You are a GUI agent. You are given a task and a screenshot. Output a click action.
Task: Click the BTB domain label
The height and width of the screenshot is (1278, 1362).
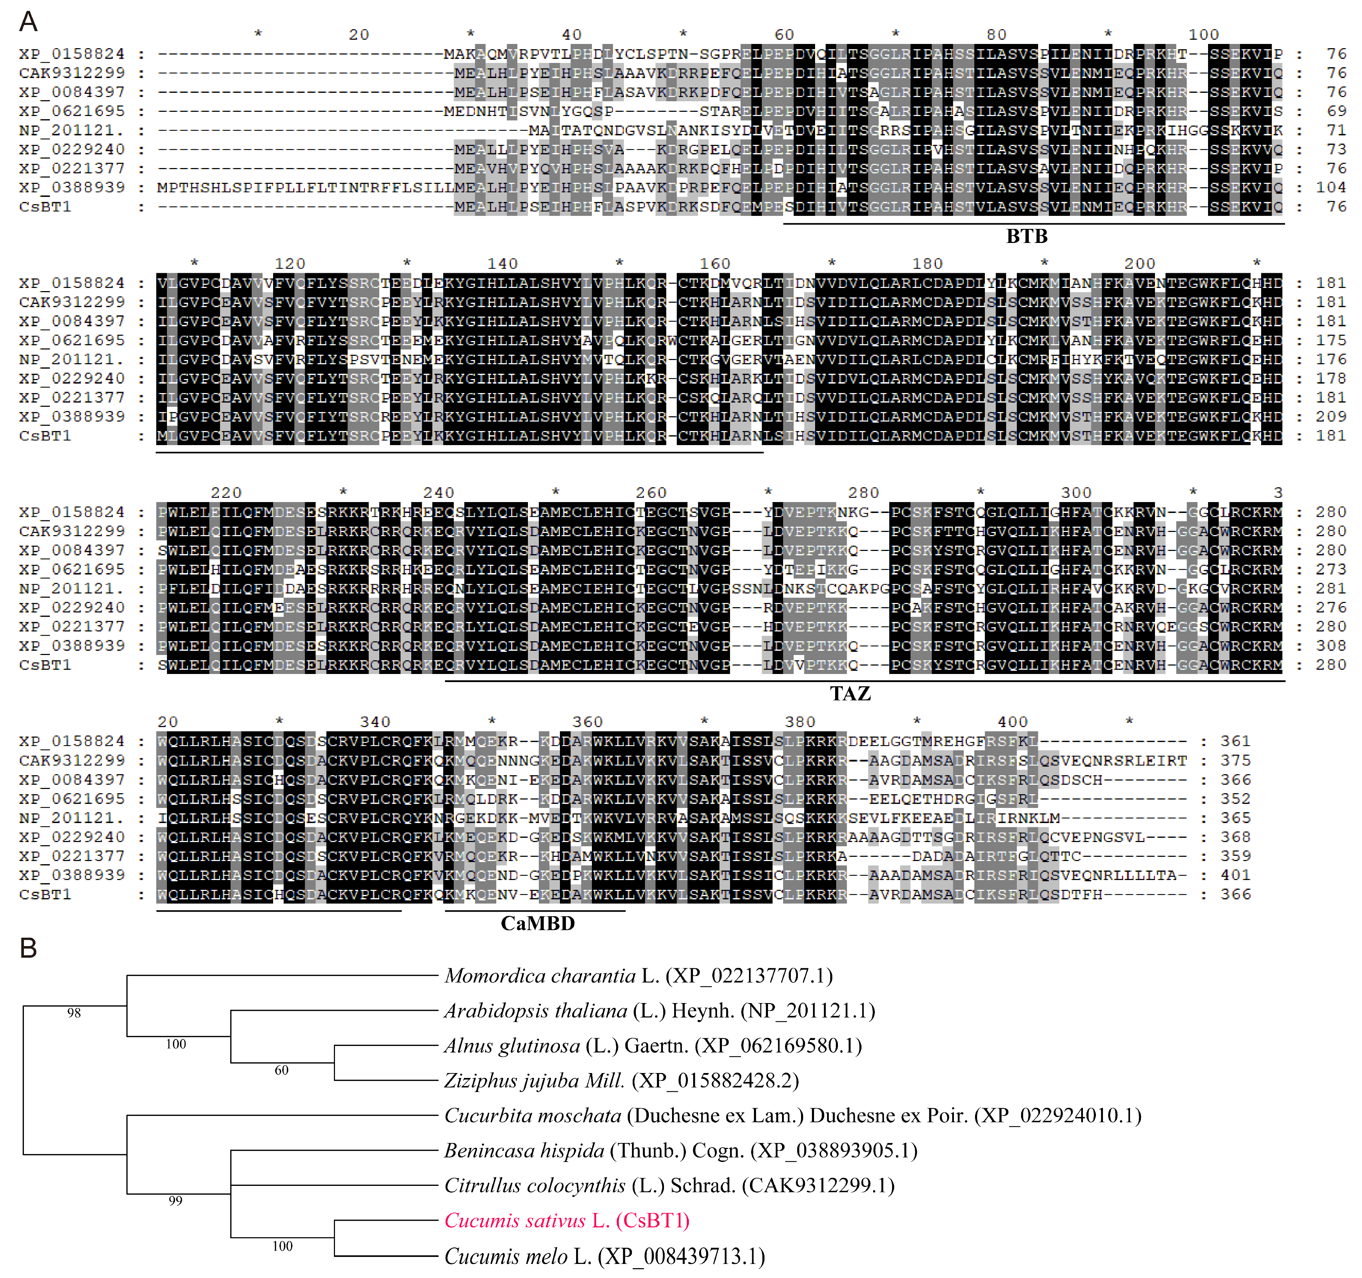click(1026, 236)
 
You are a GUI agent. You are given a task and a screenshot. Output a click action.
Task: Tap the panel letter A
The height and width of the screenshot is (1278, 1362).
click(28, 22)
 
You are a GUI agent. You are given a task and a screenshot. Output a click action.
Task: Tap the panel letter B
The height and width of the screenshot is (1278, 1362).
click(28, 949)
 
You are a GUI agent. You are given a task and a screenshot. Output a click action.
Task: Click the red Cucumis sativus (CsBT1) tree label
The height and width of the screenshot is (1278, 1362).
click(567, 1220)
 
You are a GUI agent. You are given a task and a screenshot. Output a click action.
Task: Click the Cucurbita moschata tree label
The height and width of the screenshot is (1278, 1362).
click(793, 1116)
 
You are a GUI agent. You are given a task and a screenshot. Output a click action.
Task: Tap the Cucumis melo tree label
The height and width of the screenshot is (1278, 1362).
click(604, 1256)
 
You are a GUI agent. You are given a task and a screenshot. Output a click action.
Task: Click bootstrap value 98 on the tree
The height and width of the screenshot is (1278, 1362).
click(74, 1013)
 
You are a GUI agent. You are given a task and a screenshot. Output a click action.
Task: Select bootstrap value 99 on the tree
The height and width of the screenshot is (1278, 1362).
click(175, 1201)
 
